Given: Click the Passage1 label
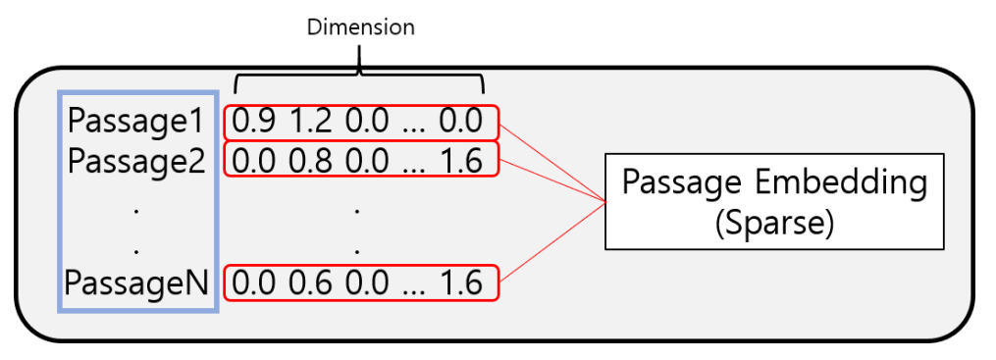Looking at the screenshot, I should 135,123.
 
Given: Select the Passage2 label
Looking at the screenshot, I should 135,160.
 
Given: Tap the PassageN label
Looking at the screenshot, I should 135,283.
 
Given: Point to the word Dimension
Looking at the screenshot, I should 361,27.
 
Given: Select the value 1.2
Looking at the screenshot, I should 310,123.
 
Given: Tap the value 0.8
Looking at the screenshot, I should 310,160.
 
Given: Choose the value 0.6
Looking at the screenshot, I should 310,283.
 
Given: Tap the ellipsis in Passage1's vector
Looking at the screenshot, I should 415,126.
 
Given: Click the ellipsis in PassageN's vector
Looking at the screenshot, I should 415,285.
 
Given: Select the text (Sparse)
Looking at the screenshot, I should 775,224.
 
